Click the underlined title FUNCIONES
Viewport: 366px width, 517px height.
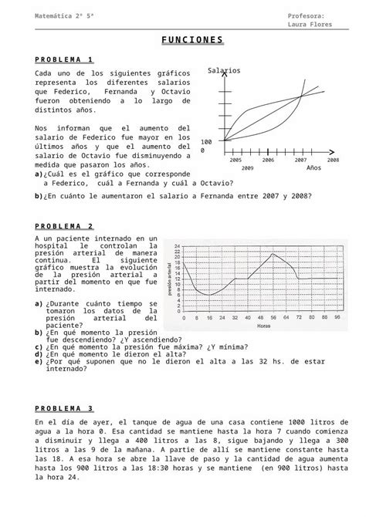tap(193, 39)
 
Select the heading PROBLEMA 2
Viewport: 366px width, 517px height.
tap(64, 226)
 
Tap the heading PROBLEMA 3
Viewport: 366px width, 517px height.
tap(64, 408)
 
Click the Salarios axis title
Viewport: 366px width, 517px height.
tap(224, 71)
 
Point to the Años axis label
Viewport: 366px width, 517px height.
tap(313, 167)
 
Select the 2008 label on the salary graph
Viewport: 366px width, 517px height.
tap(333, 160)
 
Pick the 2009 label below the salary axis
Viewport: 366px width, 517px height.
tap(248, 167)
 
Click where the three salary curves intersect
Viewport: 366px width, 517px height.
tap(300, 97)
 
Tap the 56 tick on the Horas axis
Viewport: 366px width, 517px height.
tap(274, 317)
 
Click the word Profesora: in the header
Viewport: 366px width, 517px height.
tap(306, 15)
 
